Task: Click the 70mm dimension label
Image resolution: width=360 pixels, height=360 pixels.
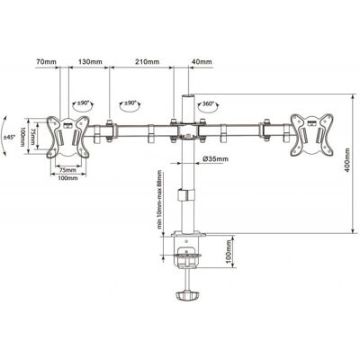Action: [46, 62]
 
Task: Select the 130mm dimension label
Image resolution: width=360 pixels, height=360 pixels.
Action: [90, 62]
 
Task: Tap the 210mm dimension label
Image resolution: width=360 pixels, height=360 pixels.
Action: [148, 62]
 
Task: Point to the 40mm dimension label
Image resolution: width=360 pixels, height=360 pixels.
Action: [202, 62]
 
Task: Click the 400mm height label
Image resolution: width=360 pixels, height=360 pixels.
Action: [347, 159]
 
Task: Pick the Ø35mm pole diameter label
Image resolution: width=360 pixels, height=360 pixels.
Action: [215, 159]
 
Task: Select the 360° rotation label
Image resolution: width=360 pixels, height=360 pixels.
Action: [208, 103]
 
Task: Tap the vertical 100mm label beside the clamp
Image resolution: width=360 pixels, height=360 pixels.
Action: [229, 252]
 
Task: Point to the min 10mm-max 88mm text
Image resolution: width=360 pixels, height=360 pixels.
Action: [159, 200]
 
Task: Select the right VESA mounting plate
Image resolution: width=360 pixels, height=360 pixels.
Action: [311, 135]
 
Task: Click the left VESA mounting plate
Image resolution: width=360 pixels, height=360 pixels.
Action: [67, 137]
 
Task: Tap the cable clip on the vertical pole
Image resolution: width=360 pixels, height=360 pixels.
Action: [186, 194]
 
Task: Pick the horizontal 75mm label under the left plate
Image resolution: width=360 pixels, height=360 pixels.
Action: [68, 170]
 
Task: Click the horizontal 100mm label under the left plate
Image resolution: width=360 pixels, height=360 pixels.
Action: [68, 178]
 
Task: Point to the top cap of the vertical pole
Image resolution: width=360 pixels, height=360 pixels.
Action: [188, 95]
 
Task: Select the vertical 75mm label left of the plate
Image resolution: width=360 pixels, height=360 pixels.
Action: [33, 135]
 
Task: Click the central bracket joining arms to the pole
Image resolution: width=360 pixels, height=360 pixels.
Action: [188, 130]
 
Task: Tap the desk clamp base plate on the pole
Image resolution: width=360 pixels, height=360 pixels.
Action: [188, 233]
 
